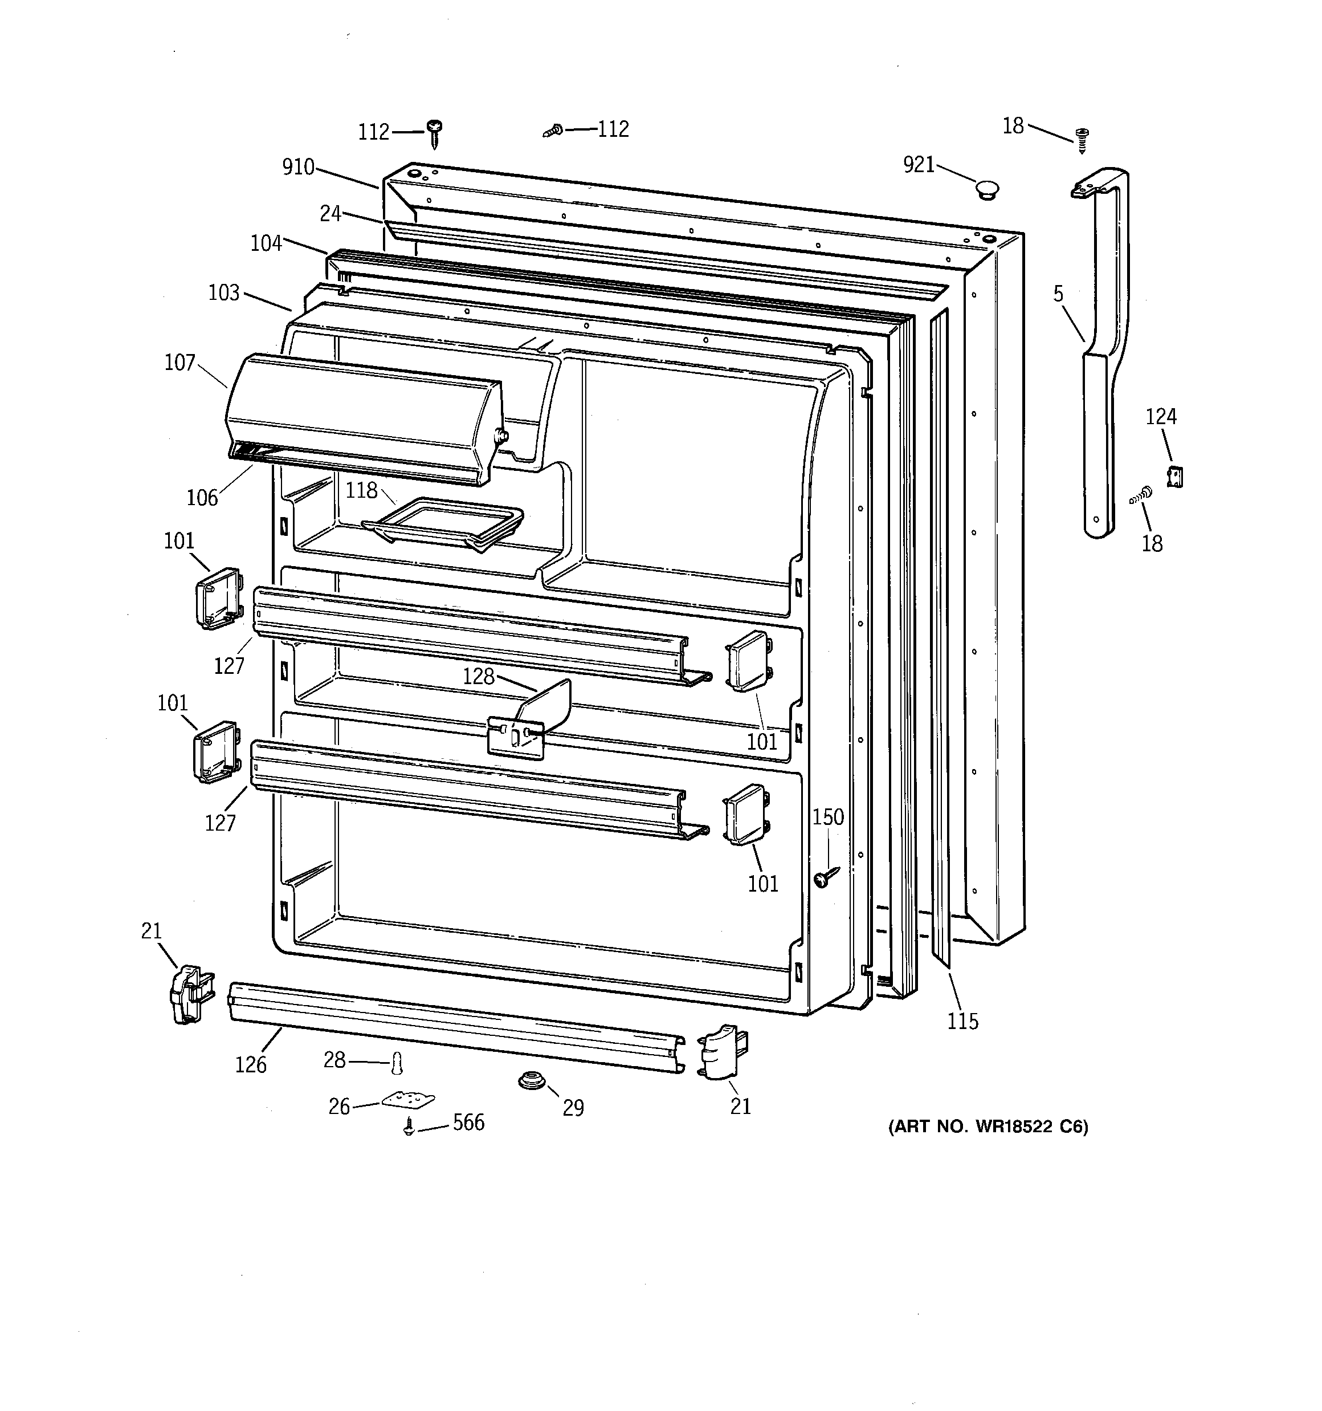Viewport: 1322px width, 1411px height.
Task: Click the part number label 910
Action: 298,168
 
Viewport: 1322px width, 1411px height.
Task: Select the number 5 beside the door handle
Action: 1058,294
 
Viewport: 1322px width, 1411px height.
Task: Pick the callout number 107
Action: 179,363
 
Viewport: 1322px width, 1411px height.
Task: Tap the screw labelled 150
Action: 825,877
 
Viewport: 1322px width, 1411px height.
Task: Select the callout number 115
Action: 962,1022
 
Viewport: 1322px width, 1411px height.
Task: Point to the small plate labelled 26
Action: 408,1100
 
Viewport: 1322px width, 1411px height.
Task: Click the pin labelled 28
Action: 397,1063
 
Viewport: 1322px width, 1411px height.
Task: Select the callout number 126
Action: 251,1064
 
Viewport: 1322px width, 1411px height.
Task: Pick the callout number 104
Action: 266,243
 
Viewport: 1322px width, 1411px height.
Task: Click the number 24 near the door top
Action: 330,213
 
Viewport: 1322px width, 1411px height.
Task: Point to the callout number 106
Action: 202,498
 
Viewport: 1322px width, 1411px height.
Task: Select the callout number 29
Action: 573,1107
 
